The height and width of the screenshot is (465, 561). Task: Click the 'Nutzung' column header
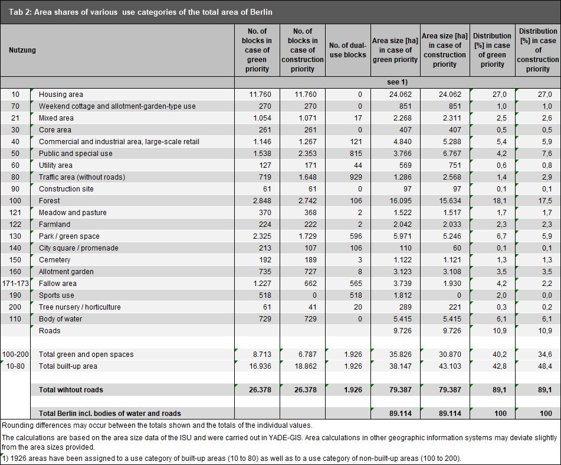[x=22, y=50]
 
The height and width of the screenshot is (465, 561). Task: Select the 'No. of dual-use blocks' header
[x=348, y=50]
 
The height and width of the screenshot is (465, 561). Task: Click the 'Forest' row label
[x=50, y=201]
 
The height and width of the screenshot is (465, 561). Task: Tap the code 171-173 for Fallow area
[x=15, y=284]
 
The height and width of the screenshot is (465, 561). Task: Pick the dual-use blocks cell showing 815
[x=356, y=154]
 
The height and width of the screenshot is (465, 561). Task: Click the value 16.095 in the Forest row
[x=401, y=201]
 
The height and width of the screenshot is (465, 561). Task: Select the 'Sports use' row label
[x=57, y=295]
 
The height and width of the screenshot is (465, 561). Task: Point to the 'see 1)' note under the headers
[x=398, y=82]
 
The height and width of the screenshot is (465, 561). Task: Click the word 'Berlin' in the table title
[x=261, y=12]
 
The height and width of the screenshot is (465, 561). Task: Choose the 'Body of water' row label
[x=60, y=319]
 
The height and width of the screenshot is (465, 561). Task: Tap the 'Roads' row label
[x=50, y=331]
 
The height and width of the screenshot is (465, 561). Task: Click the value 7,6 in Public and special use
[x=547, y=154]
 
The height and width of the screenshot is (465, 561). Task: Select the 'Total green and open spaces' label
[x=86, y=355]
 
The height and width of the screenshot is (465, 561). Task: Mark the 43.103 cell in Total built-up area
[x=450, y=366]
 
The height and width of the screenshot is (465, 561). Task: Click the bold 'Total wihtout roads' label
[x=71, y=390]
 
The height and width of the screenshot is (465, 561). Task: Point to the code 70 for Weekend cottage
[x=15, y=106]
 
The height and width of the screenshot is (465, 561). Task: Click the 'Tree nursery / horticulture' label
[x=80, y=307]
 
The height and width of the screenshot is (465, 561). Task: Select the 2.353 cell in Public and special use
[x=308, y=154]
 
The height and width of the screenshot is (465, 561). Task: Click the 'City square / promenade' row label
[x=78, y=248]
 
